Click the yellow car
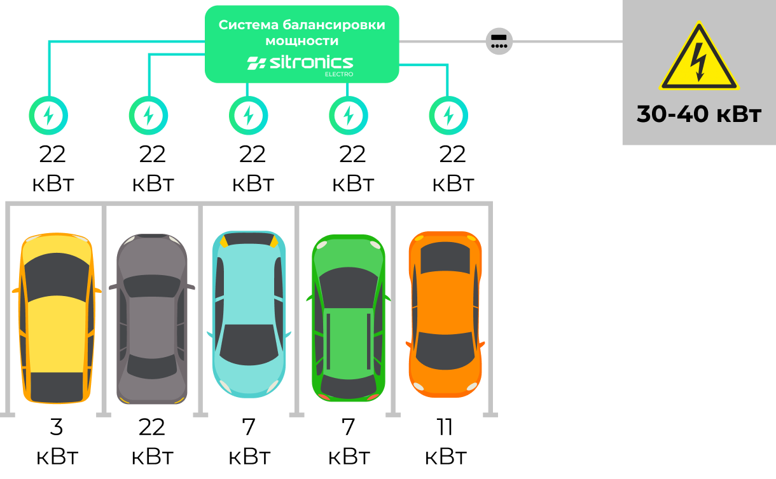click(x=57, y=318)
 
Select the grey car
click(x=152, y=318)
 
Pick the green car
click(x=348, y=318)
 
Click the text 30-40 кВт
click(x=698, y=114)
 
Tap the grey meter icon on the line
click(x=499, y=42)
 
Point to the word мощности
click(x=301, y=41)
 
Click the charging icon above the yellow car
click(x=48, y=116)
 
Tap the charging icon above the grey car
click(x=148, y=116)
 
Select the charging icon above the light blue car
click(x=249, y=116)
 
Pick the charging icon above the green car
click(x=349, y=116)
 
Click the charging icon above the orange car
click(x=448, y=116)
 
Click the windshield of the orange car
click(x=445, y=258)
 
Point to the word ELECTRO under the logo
click(x=339, y=74)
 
